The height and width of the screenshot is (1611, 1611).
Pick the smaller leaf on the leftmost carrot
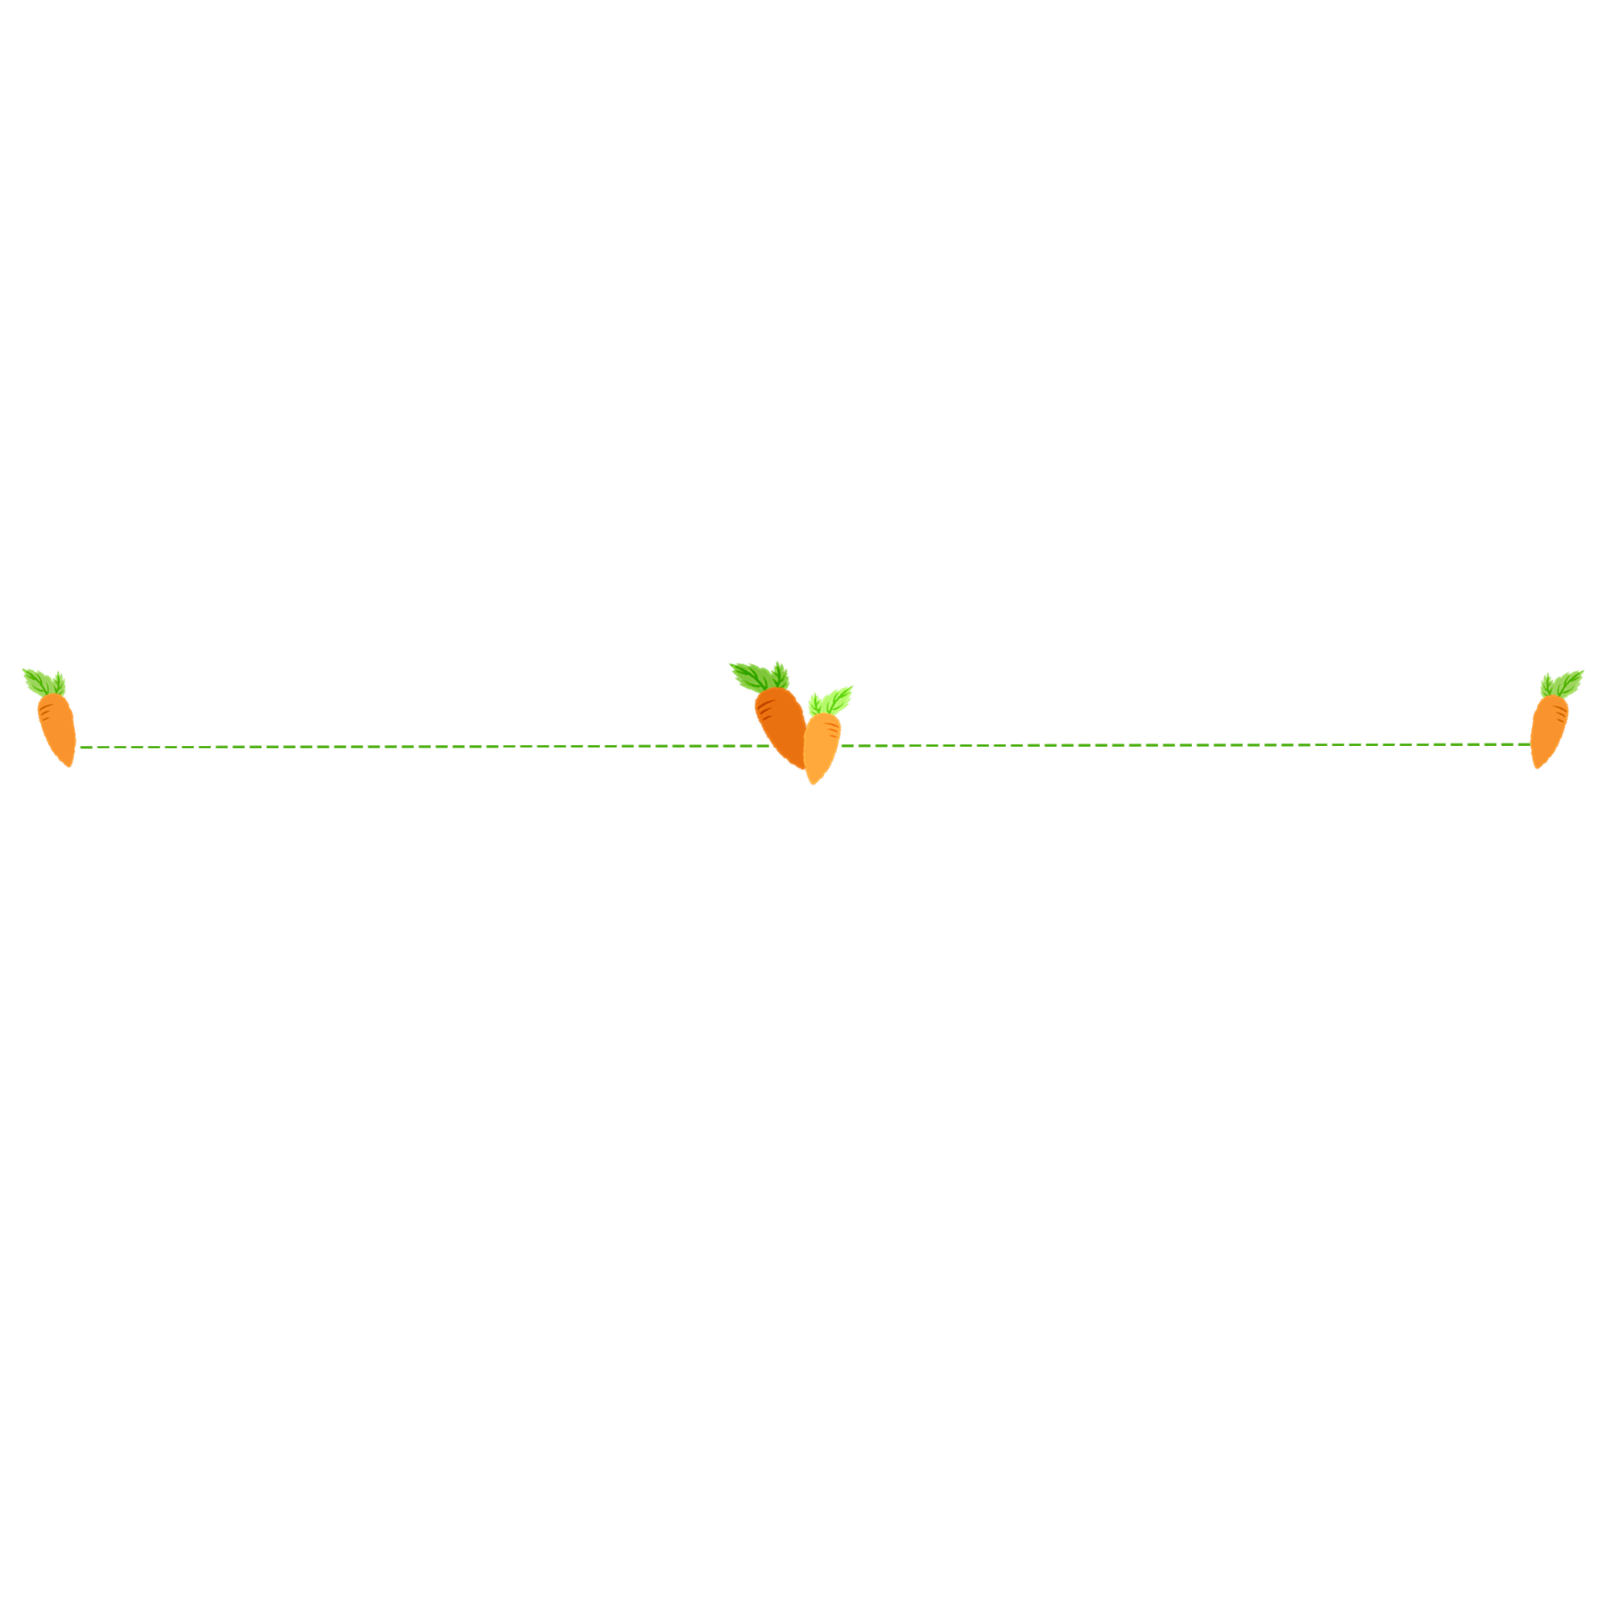58,682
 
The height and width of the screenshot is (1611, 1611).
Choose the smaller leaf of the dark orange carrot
780,673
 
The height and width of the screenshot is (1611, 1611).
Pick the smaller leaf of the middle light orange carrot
814,704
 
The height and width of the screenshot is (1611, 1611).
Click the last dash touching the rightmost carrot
1521,743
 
